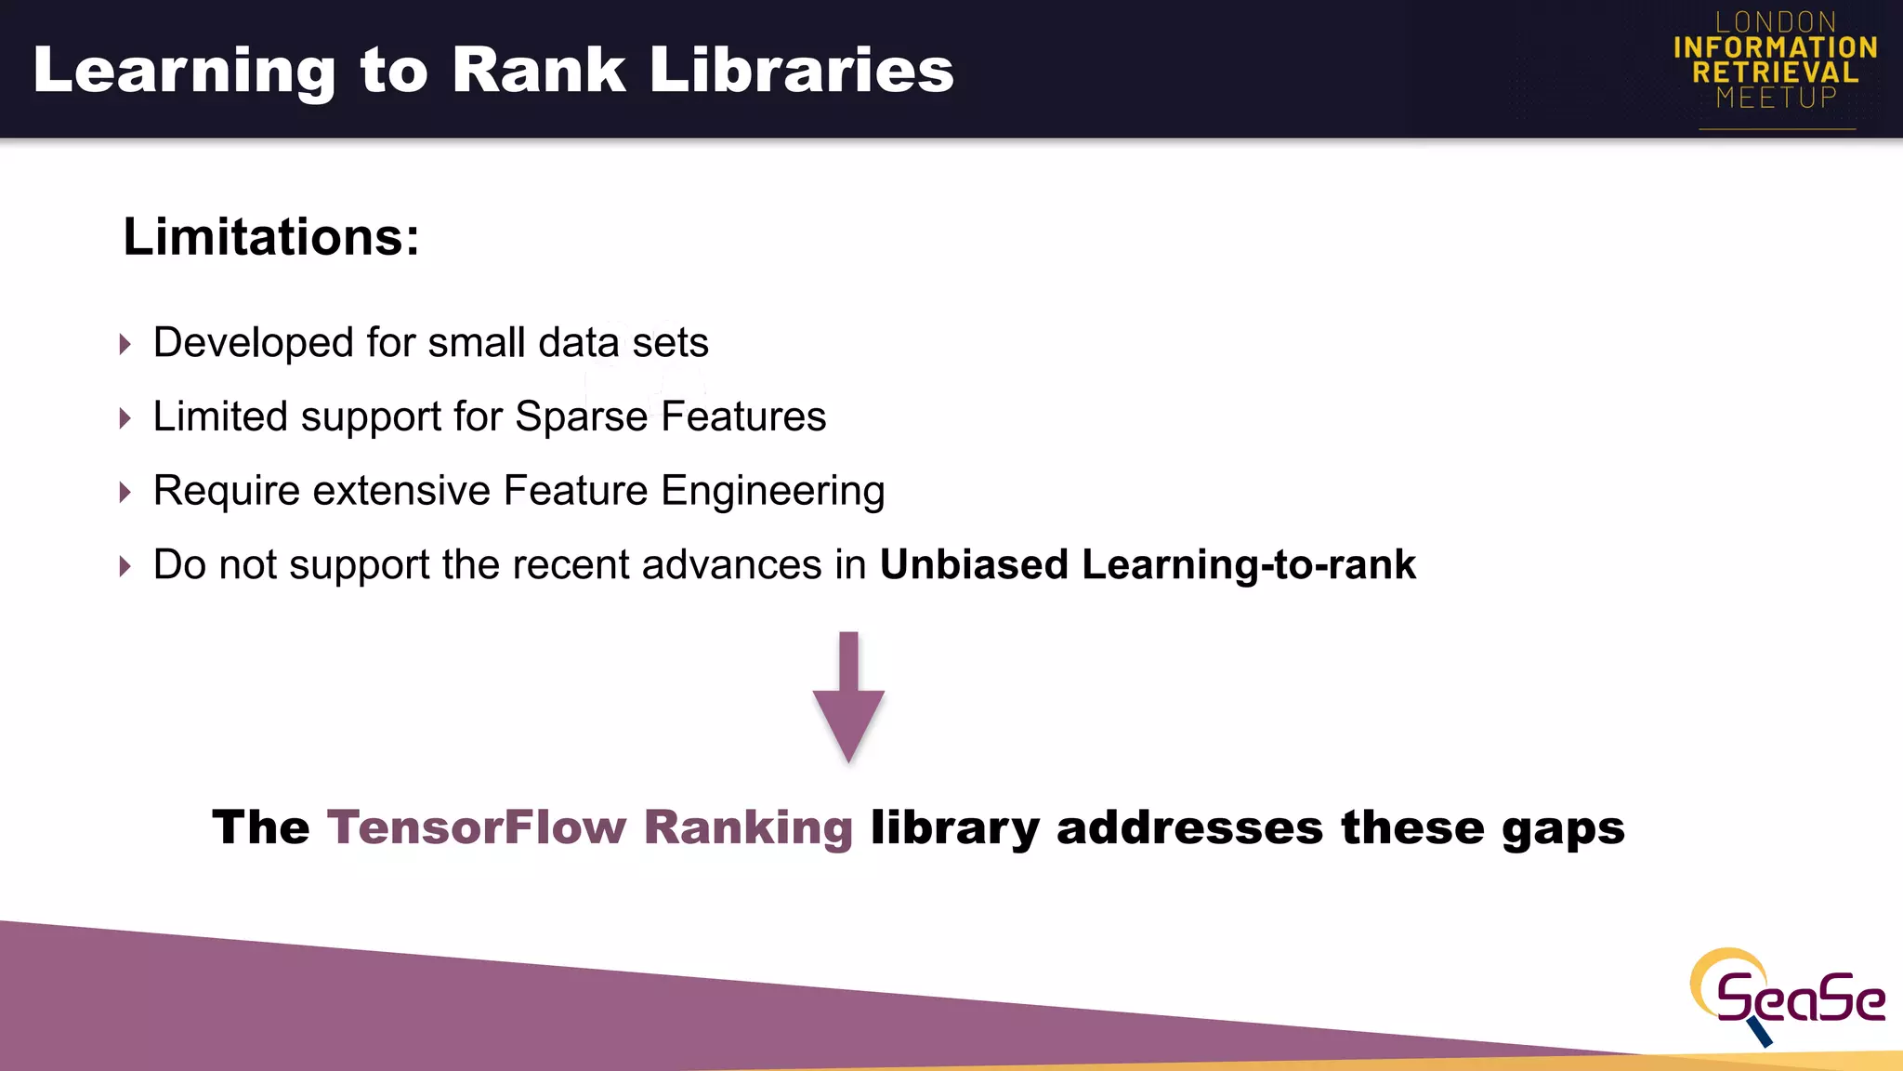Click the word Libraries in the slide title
point(801,70)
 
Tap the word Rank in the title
point(539,70)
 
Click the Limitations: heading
point(271,237)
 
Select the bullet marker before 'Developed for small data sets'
point(125,345)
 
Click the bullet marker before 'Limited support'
point(125,418)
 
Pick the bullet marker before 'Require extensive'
point(125,493)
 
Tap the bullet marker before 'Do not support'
point(125,566)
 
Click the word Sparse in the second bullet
point(581,417)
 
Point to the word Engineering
point(772,492)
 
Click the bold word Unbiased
point(974,564)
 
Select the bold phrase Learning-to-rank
point(1249,565)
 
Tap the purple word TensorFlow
point(477,826)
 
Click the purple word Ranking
point(748,828)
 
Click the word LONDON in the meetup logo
point(1776,22)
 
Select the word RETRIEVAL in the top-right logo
point(1776,73)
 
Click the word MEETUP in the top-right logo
point(1776,98)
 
